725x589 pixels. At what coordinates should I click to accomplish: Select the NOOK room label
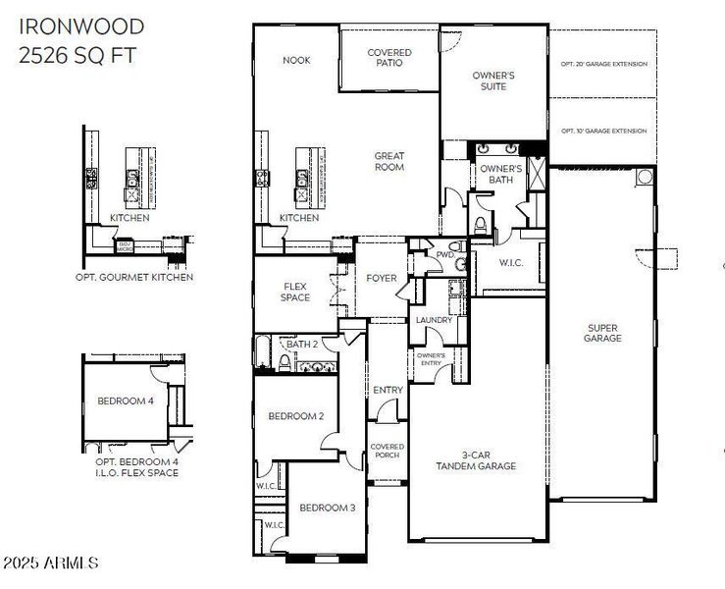(x=296, y=60)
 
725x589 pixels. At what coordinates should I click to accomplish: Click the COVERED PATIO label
(x=389, y=58)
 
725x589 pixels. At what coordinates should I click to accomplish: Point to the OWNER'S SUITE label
(x=493, y=80)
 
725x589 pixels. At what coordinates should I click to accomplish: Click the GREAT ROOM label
(x=389, y=161)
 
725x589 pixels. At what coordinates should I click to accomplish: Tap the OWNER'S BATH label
(x=500, y=175)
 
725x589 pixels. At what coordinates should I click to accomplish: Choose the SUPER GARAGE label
(x=603, y=333)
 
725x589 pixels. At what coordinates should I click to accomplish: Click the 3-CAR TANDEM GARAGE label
(x=476, y=460)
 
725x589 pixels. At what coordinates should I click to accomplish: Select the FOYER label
(x=382, y=278)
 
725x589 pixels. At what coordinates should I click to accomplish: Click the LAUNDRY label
(x=433, y=320)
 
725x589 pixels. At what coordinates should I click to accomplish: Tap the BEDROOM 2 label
(x=295, y=416)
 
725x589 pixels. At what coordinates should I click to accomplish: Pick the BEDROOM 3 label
(x=327, y=508)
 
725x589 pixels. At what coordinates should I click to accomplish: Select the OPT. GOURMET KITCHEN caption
(x=133, y=277)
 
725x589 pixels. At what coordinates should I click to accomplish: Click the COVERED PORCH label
(x=388, y=451)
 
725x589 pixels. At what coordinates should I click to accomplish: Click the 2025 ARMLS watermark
(x=50, y=562)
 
